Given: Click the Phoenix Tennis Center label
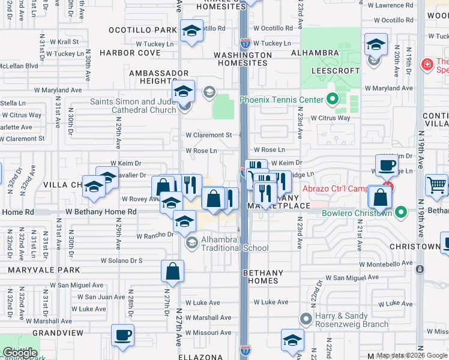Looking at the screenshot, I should (280, 100).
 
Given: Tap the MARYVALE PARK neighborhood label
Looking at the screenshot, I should (36, 270).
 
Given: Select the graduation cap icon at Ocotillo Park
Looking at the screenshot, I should (191, 32).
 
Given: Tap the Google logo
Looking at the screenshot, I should (20, 353).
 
